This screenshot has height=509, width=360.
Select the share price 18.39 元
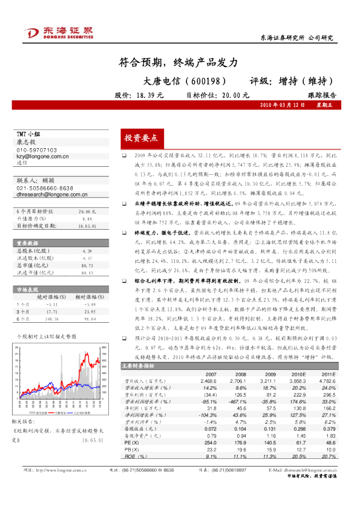click(x=150, y=96)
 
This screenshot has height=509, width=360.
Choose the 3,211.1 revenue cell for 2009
click(x=267, y=382)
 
